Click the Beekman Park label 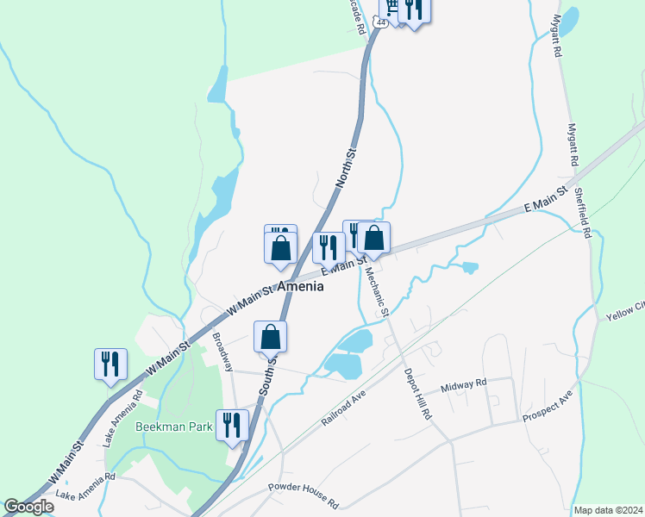coord(173,427)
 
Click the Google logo coord(28,507)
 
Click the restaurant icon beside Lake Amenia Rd coord(110,364)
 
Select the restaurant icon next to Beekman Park coord(232,425)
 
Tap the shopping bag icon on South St coord(270,336)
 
